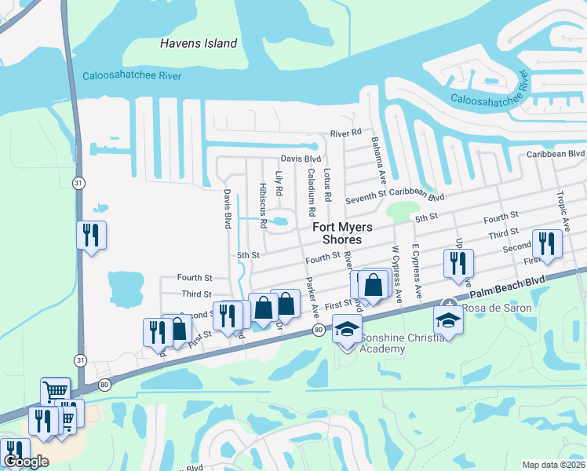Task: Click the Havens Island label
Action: (199, 43)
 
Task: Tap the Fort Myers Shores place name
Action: (337, 233)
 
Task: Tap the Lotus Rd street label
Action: (328, 184)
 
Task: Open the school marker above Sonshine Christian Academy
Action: (346, 329)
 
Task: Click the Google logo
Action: (25, 462)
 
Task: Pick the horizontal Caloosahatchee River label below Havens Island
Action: (132, 75)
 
